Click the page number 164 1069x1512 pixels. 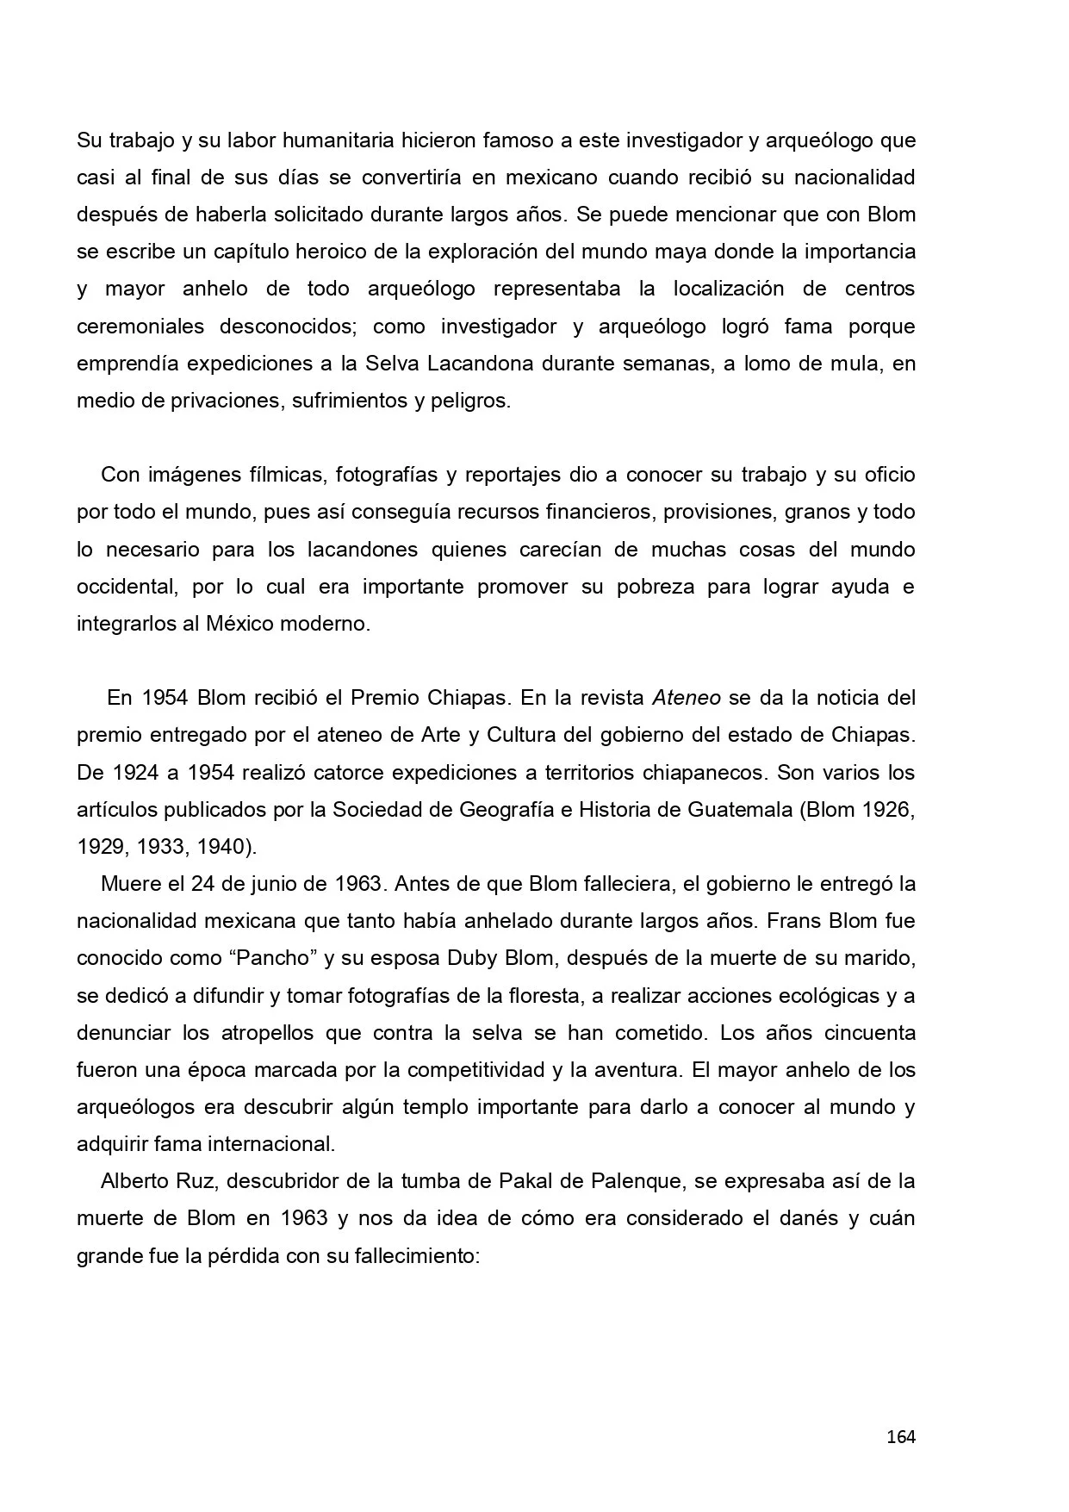[x=900, y=1436]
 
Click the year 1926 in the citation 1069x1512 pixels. [x=886, y=810]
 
